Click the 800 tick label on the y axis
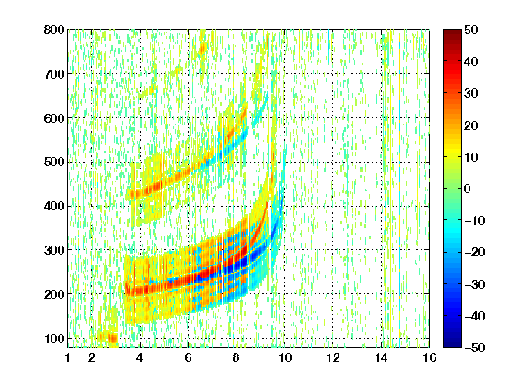pos(54,30)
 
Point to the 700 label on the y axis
pos(54,74)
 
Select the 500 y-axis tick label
pos(54,162)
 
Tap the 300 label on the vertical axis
pos(54,250)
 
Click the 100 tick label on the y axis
pos(54,339)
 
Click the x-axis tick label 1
pos(68,357)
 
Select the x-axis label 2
pos(92,357)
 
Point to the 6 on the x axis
pos(188,357)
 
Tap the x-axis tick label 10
pos(284,357)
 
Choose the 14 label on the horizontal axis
pos(381,357)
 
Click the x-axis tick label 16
pos(429,357)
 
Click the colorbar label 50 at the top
pos(471,30)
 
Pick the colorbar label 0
pos(468,189)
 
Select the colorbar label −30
pos(475,284)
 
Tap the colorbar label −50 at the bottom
pos(475,348)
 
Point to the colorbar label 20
pos(471,125)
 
